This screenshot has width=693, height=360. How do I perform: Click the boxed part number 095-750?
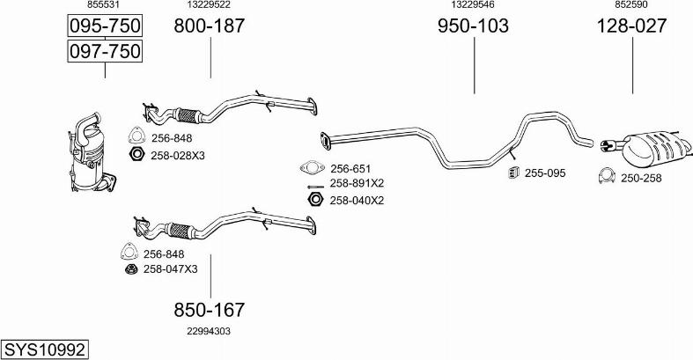(105, 26)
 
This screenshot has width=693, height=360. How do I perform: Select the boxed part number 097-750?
(105, 51)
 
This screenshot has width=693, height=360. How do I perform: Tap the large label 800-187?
(209, 26)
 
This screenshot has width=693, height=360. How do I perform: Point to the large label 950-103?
(473, 26)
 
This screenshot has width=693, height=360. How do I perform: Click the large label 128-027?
(631, 26)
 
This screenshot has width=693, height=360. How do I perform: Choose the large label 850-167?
(209, 310)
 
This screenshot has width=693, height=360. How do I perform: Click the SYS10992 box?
(44, 349)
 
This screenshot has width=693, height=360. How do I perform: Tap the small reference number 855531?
(103, 5)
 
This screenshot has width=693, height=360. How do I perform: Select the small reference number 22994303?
(209, 331)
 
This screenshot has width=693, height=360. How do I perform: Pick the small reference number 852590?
(631, 5)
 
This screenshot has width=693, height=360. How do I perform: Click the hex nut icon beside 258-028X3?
(137, 155)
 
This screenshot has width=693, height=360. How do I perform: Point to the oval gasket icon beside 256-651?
(312, 168)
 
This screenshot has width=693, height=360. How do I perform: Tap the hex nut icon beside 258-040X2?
(315, 199)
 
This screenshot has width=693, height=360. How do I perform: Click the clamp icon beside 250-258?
(607, 176)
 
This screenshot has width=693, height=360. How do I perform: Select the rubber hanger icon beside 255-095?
(513, 173)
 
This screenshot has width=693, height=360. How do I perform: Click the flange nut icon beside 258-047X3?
(131, 268)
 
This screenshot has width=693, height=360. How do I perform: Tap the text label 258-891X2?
(357, 183)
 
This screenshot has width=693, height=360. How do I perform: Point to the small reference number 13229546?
(473, 5)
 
